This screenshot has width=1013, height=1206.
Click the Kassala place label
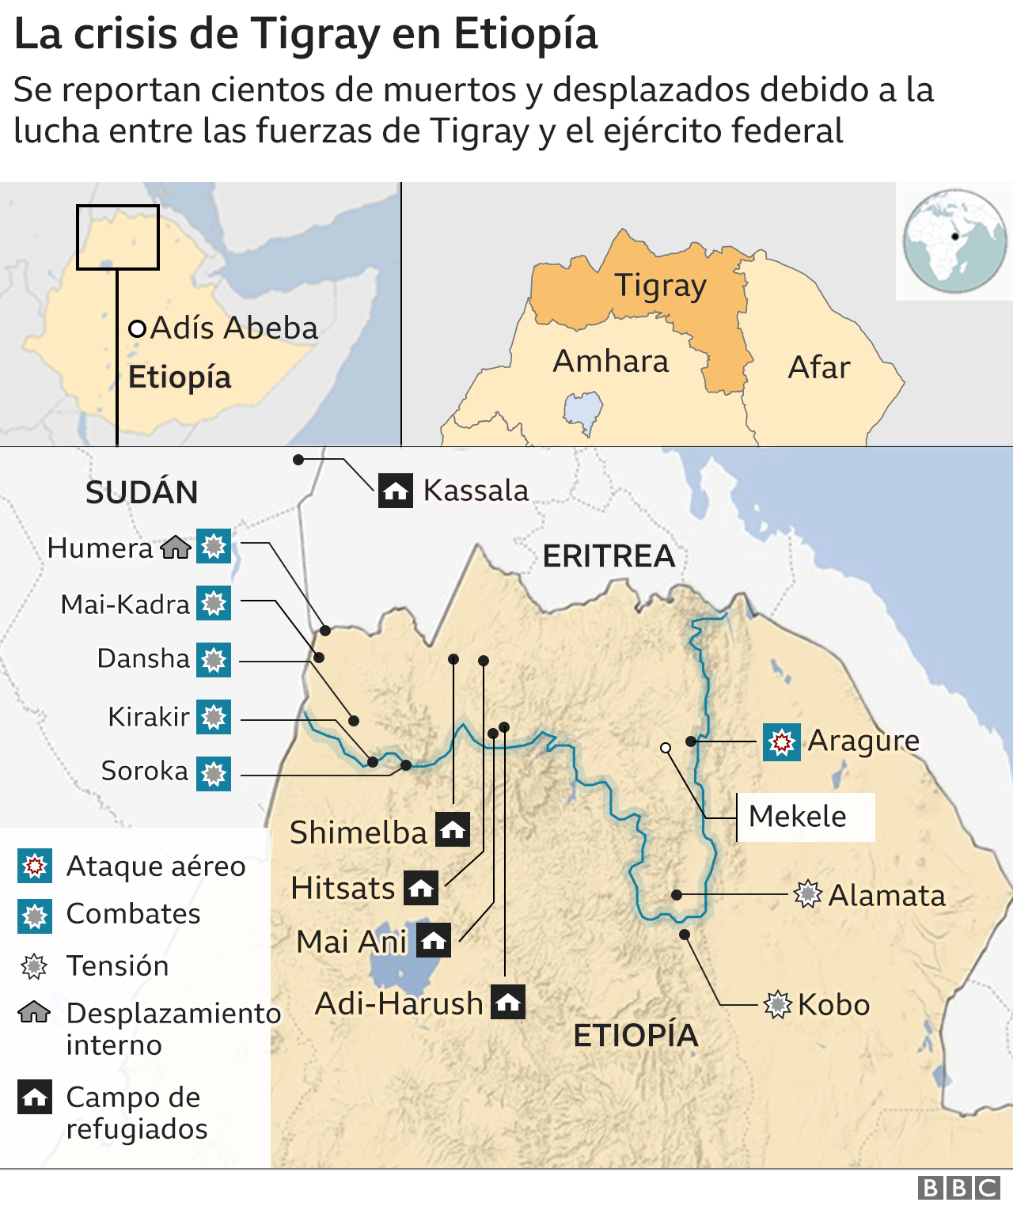476,491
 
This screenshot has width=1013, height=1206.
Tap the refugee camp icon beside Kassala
395,491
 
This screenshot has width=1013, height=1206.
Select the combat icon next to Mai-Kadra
214,604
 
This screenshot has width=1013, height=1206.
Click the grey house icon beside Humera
176,547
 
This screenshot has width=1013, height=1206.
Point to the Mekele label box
805,817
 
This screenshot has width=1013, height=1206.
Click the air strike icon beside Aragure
781,742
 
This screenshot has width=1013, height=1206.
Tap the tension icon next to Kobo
777,1004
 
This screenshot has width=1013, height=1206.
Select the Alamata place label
886,896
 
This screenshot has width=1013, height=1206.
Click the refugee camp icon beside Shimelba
453,830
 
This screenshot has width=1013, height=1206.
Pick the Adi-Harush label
399,1003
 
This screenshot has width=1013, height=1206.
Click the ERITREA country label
609,556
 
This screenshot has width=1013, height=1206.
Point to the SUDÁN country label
142,492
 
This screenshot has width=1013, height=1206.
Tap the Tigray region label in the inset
660,286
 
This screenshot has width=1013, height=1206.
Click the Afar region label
819,367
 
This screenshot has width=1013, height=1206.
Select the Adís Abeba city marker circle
137,328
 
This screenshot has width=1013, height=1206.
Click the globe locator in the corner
954,241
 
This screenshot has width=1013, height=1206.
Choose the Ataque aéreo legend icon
35,866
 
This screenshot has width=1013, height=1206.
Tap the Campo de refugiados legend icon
35,1097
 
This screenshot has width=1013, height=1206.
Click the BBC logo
958,1188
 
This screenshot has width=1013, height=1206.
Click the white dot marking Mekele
666,748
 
